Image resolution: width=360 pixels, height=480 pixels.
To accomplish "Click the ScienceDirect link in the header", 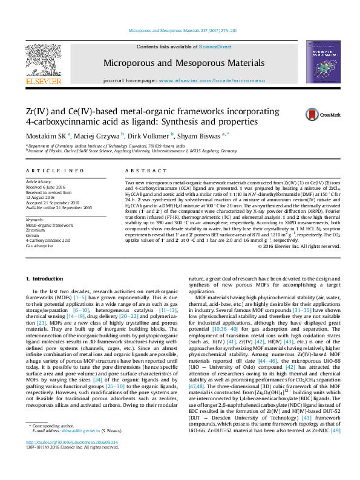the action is (x=215, y=47).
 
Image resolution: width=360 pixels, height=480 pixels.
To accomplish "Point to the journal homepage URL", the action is (x=210, y=80).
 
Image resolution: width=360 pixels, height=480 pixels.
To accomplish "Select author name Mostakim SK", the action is (x=48, y=135).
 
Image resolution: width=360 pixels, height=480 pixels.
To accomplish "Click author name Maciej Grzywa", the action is (x=99, y=135).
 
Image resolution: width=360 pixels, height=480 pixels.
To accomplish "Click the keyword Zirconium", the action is (x=36, y=230).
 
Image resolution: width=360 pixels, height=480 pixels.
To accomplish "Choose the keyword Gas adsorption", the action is (x=39, y=246).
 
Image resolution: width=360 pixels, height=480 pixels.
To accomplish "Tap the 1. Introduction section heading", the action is (x=47, y=278).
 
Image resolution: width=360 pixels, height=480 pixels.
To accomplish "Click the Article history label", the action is (x=39, y=181).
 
